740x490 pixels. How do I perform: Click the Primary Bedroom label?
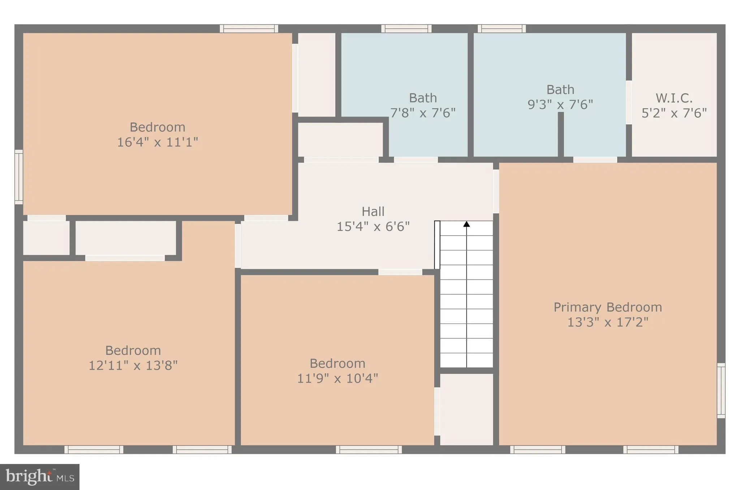(x=608, y=307)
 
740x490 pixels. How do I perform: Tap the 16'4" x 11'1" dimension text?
(x=158, y=142)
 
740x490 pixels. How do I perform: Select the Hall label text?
(x=373, y=211)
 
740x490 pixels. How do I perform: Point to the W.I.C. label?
(x=674, y=98)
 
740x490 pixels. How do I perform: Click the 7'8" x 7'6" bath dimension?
(x=423, y=113)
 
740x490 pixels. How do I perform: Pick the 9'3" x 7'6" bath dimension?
(x=560, y=104)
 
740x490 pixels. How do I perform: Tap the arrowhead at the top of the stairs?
(x=466, y=224)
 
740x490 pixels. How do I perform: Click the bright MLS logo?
(x=40, y=477)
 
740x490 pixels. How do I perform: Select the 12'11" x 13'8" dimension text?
(x=133, y=365)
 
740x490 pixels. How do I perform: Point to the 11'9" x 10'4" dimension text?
(x=337, y=378)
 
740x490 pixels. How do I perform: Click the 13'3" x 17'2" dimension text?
(x=608, y=322)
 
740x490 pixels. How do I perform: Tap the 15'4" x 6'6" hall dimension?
(x=373, y=227)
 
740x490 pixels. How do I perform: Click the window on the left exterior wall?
(x=18, y=177)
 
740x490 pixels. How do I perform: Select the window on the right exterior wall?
(x=721, y=391)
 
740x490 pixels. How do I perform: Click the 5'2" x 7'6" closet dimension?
(x=674, y=113)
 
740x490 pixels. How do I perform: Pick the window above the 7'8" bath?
(x=406, y=29)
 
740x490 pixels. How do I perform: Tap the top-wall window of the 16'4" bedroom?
(x=249, y=29)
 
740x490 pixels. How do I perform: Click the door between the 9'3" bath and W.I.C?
(x=629, y=102)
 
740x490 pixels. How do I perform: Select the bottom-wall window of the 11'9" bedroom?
(x=369, y=450)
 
